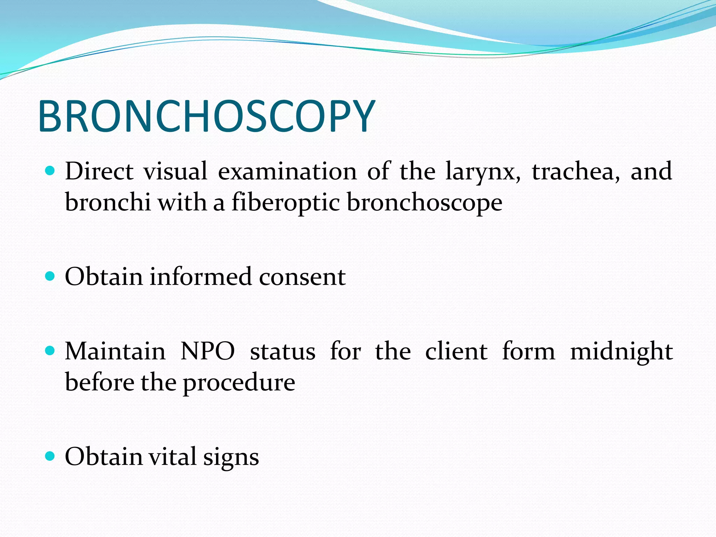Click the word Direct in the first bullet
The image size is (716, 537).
pyautogui.click(x=99, y=171)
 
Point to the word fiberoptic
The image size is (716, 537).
pyautogui.click(x=286, y=203)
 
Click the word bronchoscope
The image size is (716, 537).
pyautogui.click(x=424, y=203)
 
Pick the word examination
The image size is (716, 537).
pyautogui.click(x=287, y=171)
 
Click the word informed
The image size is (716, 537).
pyautogui.click(x=201, y=277)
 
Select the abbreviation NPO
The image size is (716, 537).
pyautogui.click(x=208, y=351)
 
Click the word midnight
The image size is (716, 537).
pyautogui.click(x=621, y=352)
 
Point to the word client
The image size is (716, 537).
pyautogui.click(x=456, y=351)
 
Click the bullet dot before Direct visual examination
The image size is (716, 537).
pyautogui.click(x=50, y=171)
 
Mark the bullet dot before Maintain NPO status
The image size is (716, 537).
pyautogui.click(x=50, y=351)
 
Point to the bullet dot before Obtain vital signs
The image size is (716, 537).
pyautogui.click(x=50, y=456)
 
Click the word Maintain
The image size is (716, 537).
pyautogui.click(x=115, y=351)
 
